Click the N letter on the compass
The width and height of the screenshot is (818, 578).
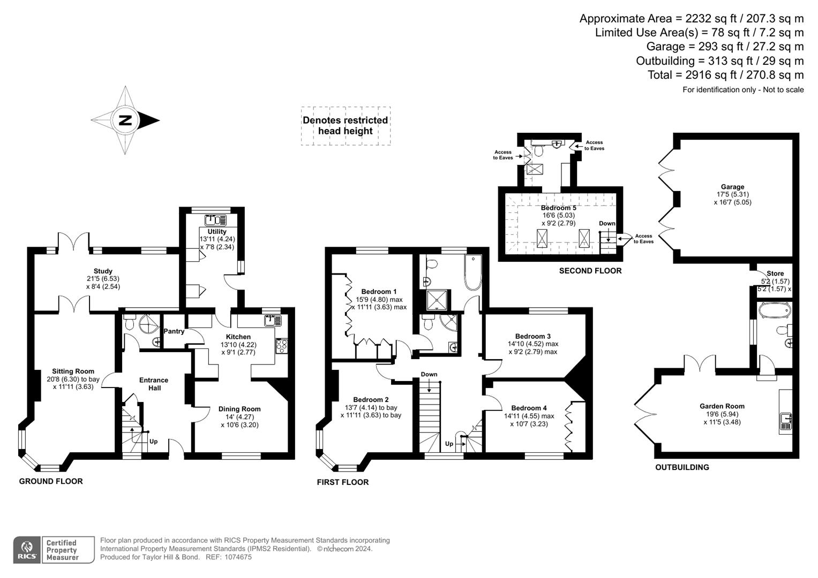pyautogui.click(x=125, y=120)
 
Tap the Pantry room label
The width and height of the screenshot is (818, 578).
pyautogui.click(x=174, y=331)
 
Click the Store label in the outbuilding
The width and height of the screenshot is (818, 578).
pyautogui.click(x=775, y=273)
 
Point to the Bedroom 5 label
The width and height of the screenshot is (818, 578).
pyautogui.click(x=558, y=208)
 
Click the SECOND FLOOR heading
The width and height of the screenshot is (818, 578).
pyautogui.click(x=590, y=271)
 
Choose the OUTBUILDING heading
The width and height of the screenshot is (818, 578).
pyautogui.click(x=682, y=467)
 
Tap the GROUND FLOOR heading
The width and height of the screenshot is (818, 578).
pyautogui.click(x=51, y=481)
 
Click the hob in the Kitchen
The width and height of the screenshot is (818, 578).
pyautogui.click(x=281, y=346)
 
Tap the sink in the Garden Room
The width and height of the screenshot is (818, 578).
pyautogui.click(x=786, y=420)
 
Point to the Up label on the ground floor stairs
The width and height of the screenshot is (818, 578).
pyautogui.click(x=154, y=442)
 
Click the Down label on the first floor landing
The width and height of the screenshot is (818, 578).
pyautogui.click(x=429, y=374)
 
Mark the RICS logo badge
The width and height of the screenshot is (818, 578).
pyautogui.click(x=27, y=550)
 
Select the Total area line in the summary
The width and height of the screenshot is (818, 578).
pyautogui.click(x=725, y=75)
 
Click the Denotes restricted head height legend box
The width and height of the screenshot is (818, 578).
pyautogui.click(x=346, y=126)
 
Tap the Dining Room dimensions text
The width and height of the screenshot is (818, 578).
pyautogui.click(x=239, y=425)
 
